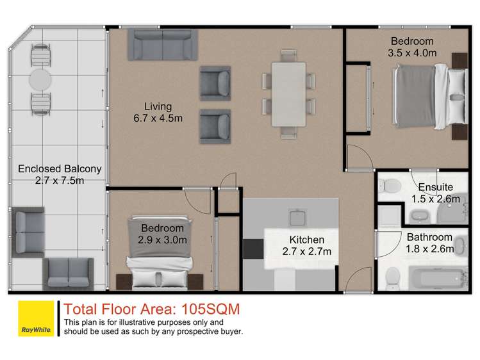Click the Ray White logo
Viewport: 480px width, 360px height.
point(35,318)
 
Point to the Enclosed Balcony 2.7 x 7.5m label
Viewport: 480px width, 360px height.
point(60,175)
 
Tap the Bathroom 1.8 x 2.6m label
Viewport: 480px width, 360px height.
point(430,243)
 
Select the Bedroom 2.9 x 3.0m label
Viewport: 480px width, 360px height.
point(162,234)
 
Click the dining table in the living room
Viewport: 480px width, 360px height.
point(288,94)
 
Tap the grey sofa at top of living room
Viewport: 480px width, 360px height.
point(161,44)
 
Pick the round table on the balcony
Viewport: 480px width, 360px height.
point(40,81)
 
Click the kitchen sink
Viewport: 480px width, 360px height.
point(298,218)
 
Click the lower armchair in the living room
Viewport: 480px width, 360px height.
point(215,126)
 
